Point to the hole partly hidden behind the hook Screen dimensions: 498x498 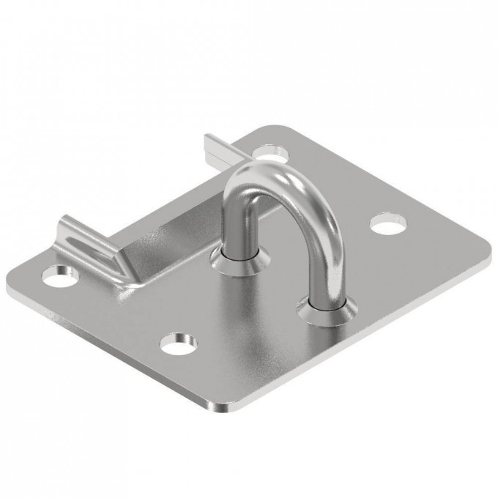(x=271, y=153)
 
